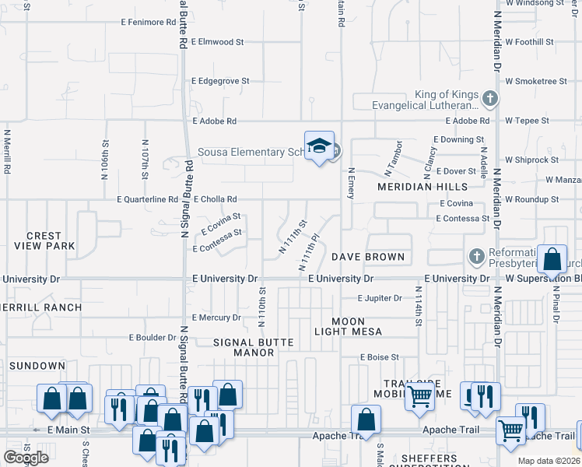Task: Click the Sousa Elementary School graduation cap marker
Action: tap(319, 146)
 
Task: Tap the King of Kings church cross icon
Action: tap(489, 99)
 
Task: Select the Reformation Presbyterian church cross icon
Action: tap(475, 256)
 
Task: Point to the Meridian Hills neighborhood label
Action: tap(422, 187)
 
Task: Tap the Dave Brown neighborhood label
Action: tap(368, 257)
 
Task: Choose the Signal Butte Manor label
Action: tap(244, 347)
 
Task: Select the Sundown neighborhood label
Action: tap(37, 365)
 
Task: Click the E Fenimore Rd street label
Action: tap(155, 22)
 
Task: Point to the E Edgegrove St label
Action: tap(220, 80)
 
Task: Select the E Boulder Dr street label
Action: tap(153, 338)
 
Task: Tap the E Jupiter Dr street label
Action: tap(380, 298)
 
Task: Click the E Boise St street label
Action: tap(379, 357)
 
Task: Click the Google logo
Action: tap(26, 458)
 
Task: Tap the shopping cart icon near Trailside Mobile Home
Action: tap(419, 397)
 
